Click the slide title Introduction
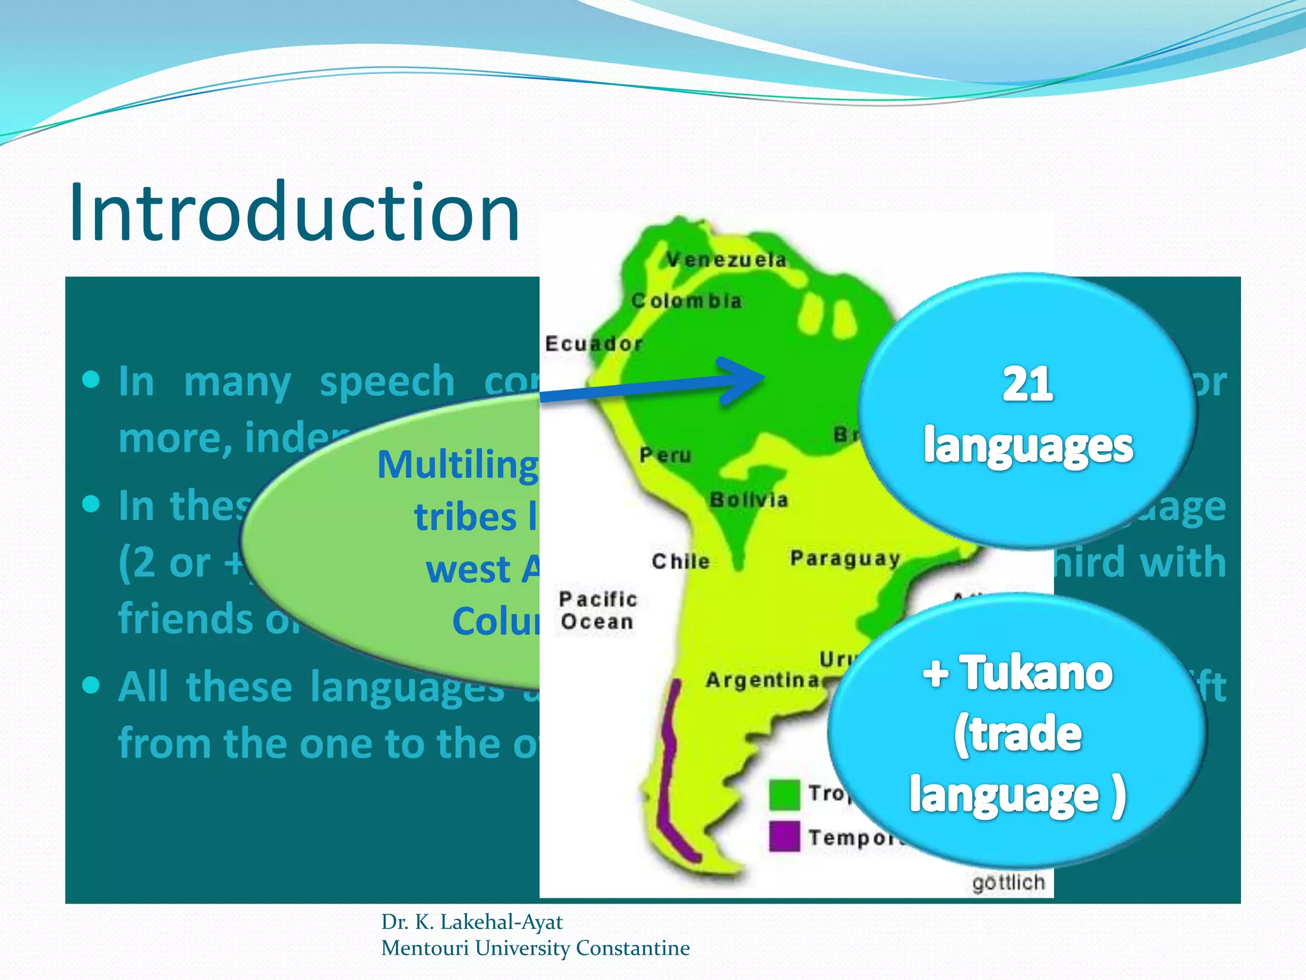click(x=295, y=212)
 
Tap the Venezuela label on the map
click(x=726, y=260)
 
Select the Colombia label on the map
click(x=686, y=301)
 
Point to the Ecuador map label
click(x=593, y=344)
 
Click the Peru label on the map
click(x=665, y=455)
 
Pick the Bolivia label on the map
click(x=749, y=500)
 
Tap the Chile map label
click(x=680, y=561)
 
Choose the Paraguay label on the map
click(x=845, y=558)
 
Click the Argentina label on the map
click(x=762, y=680)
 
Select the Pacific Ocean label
click(x=598, y=610)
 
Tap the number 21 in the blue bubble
click(x=1027, y=385)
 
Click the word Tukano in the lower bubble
click(x=1036, y=673)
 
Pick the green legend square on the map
click(x=784, y=794)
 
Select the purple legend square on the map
click(x=784, y=836)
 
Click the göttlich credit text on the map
click(x=1008, y=883)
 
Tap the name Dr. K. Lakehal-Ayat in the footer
click(x=471, y=922)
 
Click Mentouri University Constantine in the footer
click(x=535, y=948)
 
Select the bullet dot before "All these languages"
click(x=92, y=686)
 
